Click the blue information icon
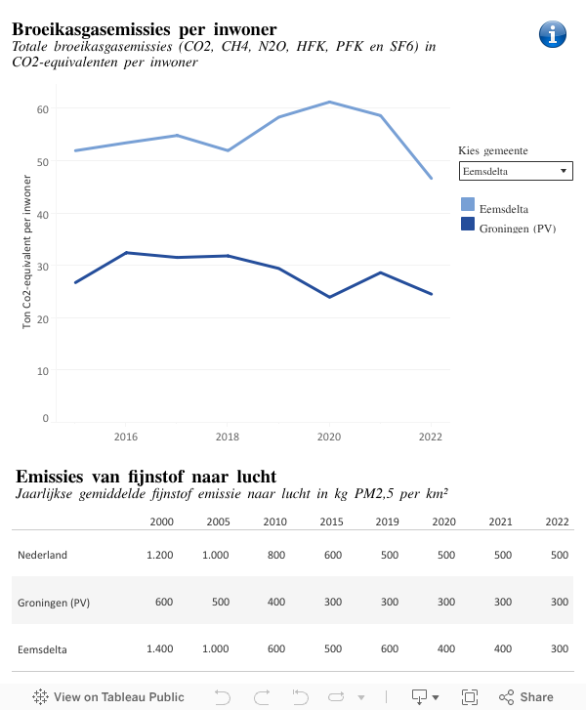coord(553,33)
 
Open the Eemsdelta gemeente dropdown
coord(515,172)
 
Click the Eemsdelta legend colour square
coord(468,205)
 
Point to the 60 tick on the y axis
coord(42,108)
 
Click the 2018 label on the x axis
coord(228,437)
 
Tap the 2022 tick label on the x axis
coord(431,437)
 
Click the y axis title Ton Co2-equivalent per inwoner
coord(27,252)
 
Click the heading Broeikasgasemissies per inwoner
coord(144,29)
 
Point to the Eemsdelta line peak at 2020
coord(329,102)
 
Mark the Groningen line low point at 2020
coord(329,297)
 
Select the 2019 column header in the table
coord(388,522)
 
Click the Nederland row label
coord(42,555)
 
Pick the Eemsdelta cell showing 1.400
coord(159,648)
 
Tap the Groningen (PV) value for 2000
coord(163,602)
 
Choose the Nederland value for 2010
coord(276,555)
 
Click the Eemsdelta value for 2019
coord(388,648)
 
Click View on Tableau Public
coord(108,697)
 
